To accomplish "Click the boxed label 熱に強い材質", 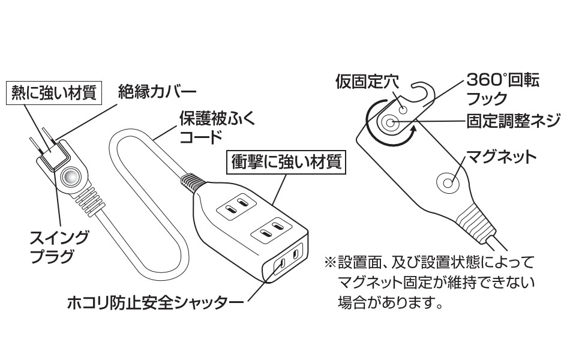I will (53, 93).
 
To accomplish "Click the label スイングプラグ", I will (60, 246).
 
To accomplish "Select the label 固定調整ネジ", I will (514, 121).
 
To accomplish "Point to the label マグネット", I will (501, 157).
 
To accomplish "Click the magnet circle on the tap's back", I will (447, 181).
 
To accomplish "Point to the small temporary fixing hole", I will (403, 110).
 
